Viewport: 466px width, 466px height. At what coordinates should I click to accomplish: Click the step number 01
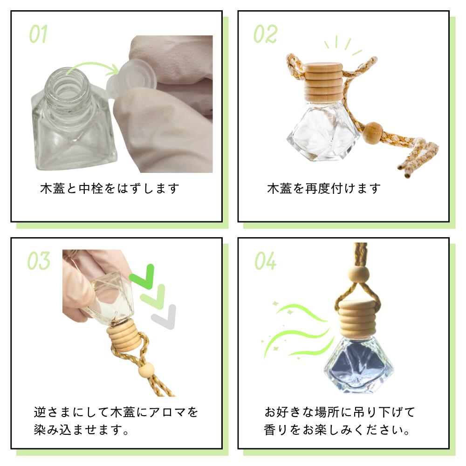(38, 34)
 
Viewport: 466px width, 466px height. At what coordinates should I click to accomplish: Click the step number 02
(265, 34)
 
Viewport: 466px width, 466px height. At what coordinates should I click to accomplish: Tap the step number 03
(38, 261)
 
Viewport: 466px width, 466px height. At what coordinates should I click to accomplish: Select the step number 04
(265, 261)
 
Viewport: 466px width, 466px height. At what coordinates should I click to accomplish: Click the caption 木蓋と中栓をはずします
(110, 189)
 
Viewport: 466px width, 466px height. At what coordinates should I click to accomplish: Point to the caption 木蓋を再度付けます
(324, 189)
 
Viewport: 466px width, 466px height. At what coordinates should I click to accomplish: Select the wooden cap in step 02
(323, 82)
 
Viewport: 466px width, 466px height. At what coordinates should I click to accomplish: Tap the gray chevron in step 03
(164, 317)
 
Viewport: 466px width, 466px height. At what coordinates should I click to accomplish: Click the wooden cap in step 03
(123, 337)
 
